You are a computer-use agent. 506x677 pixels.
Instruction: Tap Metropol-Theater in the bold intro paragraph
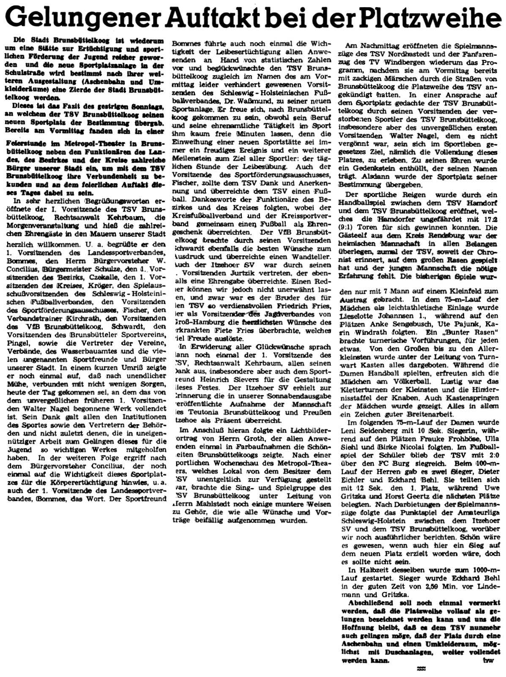coord(81,143)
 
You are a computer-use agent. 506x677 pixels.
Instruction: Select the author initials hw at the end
coord(490,660)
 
